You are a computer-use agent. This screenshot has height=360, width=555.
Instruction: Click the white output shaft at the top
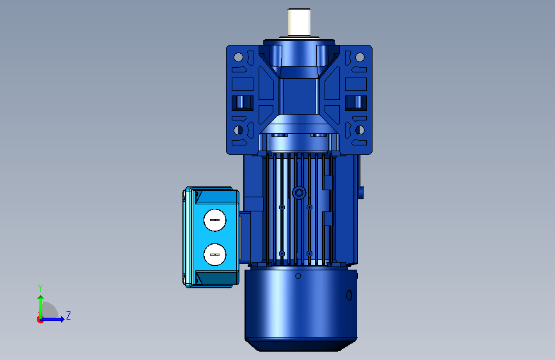pyautogui.click(x=299, y=22)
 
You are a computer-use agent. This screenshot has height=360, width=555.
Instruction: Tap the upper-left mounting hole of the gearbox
pyautogui.click(x=238, y=57)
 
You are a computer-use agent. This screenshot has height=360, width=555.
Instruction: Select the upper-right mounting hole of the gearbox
pyautogui.click(x=360, y=57)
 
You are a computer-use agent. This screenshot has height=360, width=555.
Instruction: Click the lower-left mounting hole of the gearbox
pyautogui.click(x=238, y=130)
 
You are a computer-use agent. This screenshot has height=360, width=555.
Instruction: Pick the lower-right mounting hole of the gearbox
pyautogui.click(x=360, y=130)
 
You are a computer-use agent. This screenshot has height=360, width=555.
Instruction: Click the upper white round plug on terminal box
pyautogui.click(x=215, y=220)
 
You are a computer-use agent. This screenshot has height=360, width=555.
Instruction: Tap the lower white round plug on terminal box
pyautogui.click(x=215, y=254)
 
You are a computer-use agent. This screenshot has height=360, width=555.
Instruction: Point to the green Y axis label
pyautogui.click(x=40, y=288)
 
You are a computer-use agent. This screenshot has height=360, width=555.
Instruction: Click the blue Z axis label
pyautogui.click(x=68, y=315)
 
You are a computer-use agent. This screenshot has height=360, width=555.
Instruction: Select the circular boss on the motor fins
pyautogui.click(x=299, y=193)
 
